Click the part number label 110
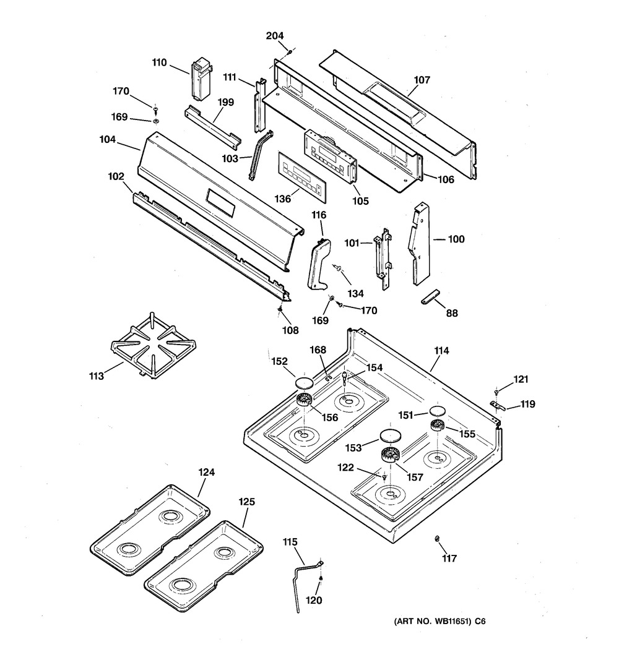tap(160, 62)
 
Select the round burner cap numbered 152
tap(304, 381)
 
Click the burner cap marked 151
tap(437, 412)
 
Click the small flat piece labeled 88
tap(431, 296)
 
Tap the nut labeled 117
tap(438, 539)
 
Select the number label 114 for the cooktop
tap(441, 351)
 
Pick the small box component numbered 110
tap(201, 78)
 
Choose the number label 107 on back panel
tap(422, 80)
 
